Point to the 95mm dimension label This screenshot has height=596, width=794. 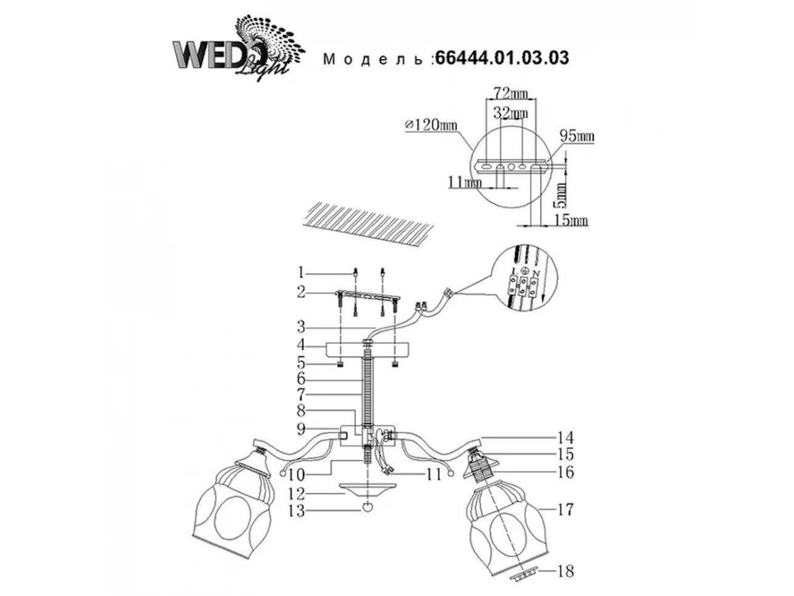577,137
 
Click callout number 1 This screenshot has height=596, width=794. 300,272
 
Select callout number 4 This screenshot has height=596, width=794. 300,345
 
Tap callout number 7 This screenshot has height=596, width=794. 300,396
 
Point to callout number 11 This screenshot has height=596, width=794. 433,474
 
